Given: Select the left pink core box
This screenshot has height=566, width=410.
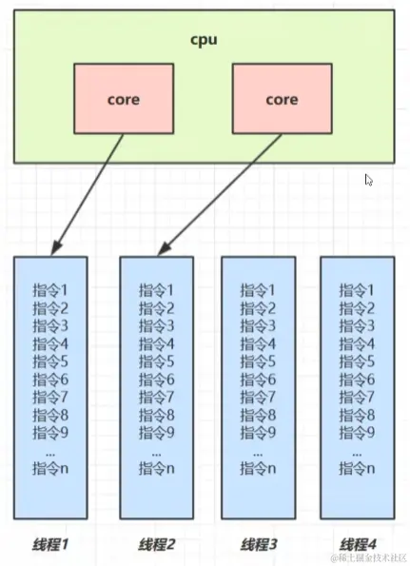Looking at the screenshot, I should click(124, 98).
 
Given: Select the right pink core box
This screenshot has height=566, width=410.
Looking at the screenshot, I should click(281, 98).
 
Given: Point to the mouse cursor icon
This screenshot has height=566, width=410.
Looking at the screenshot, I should click(369, 180).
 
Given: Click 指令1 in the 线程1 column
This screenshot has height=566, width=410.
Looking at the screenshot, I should click(49, 290).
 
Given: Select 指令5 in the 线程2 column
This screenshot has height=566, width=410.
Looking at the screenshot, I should click(157, 361).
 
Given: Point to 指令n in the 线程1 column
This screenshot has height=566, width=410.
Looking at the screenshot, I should click(49, 467).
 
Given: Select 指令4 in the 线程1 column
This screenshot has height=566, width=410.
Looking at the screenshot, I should click(49, 343).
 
